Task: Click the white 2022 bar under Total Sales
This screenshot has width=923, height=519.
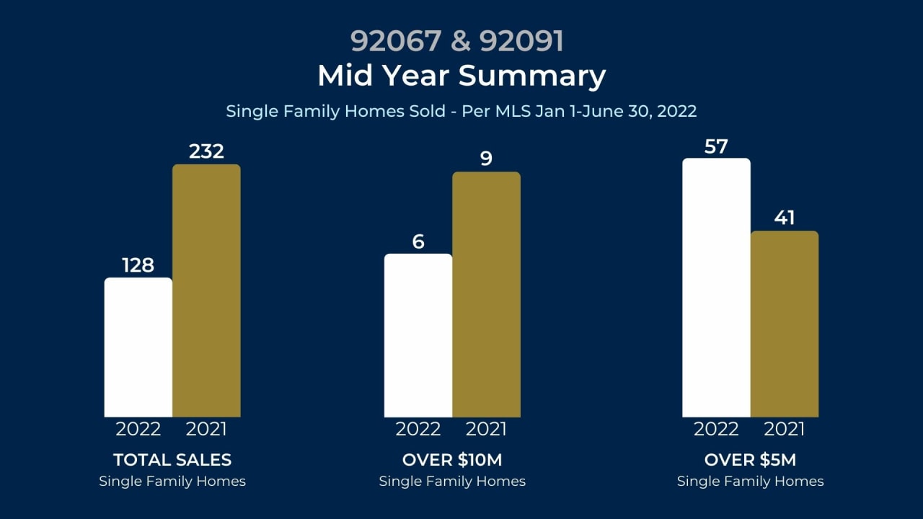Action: pos(138,347)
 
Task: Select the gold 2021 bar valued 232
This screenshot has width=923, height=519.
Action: pos(206,290)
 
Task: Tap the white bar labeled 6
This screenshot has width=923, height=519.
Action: pos(418,335)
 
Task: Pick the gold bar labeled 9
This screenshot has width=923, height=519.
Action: pos(486,294)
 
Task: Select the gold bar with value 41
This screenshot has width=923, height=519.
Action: pos(785,324)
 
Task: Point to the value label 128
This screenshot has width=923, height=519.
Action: pos(138,265)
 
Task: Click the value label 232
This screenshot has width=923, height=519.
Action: pos(206,151)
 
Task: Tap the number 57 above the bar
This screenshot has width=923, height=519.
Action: pos(716,147)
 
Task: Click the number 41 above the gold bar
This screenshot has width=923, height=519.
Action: pos(785,218)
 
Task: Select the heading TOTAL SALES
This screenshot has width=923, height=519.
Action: pos(172,460)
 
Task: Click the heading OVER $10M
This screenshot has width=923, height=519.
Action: pos(452,460)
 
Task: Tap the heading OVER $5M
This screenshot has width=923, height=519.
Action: pos(750,460)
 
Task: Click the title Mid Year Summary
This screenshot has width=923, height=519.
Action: pos(461,76)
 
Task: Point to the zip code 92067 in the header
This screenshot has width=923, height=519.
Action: pos(395,41)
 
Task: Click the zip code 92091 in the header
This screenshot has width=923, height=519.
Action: pos(521,41)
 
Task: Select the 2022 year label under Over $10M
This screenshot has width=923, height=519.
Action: pos(418,429)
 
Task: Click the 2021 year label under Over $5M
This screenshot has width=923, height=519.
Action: pos(785,429)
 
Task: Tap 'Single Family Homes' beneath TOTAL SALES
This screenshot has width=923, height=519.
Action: pos(172,482)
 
